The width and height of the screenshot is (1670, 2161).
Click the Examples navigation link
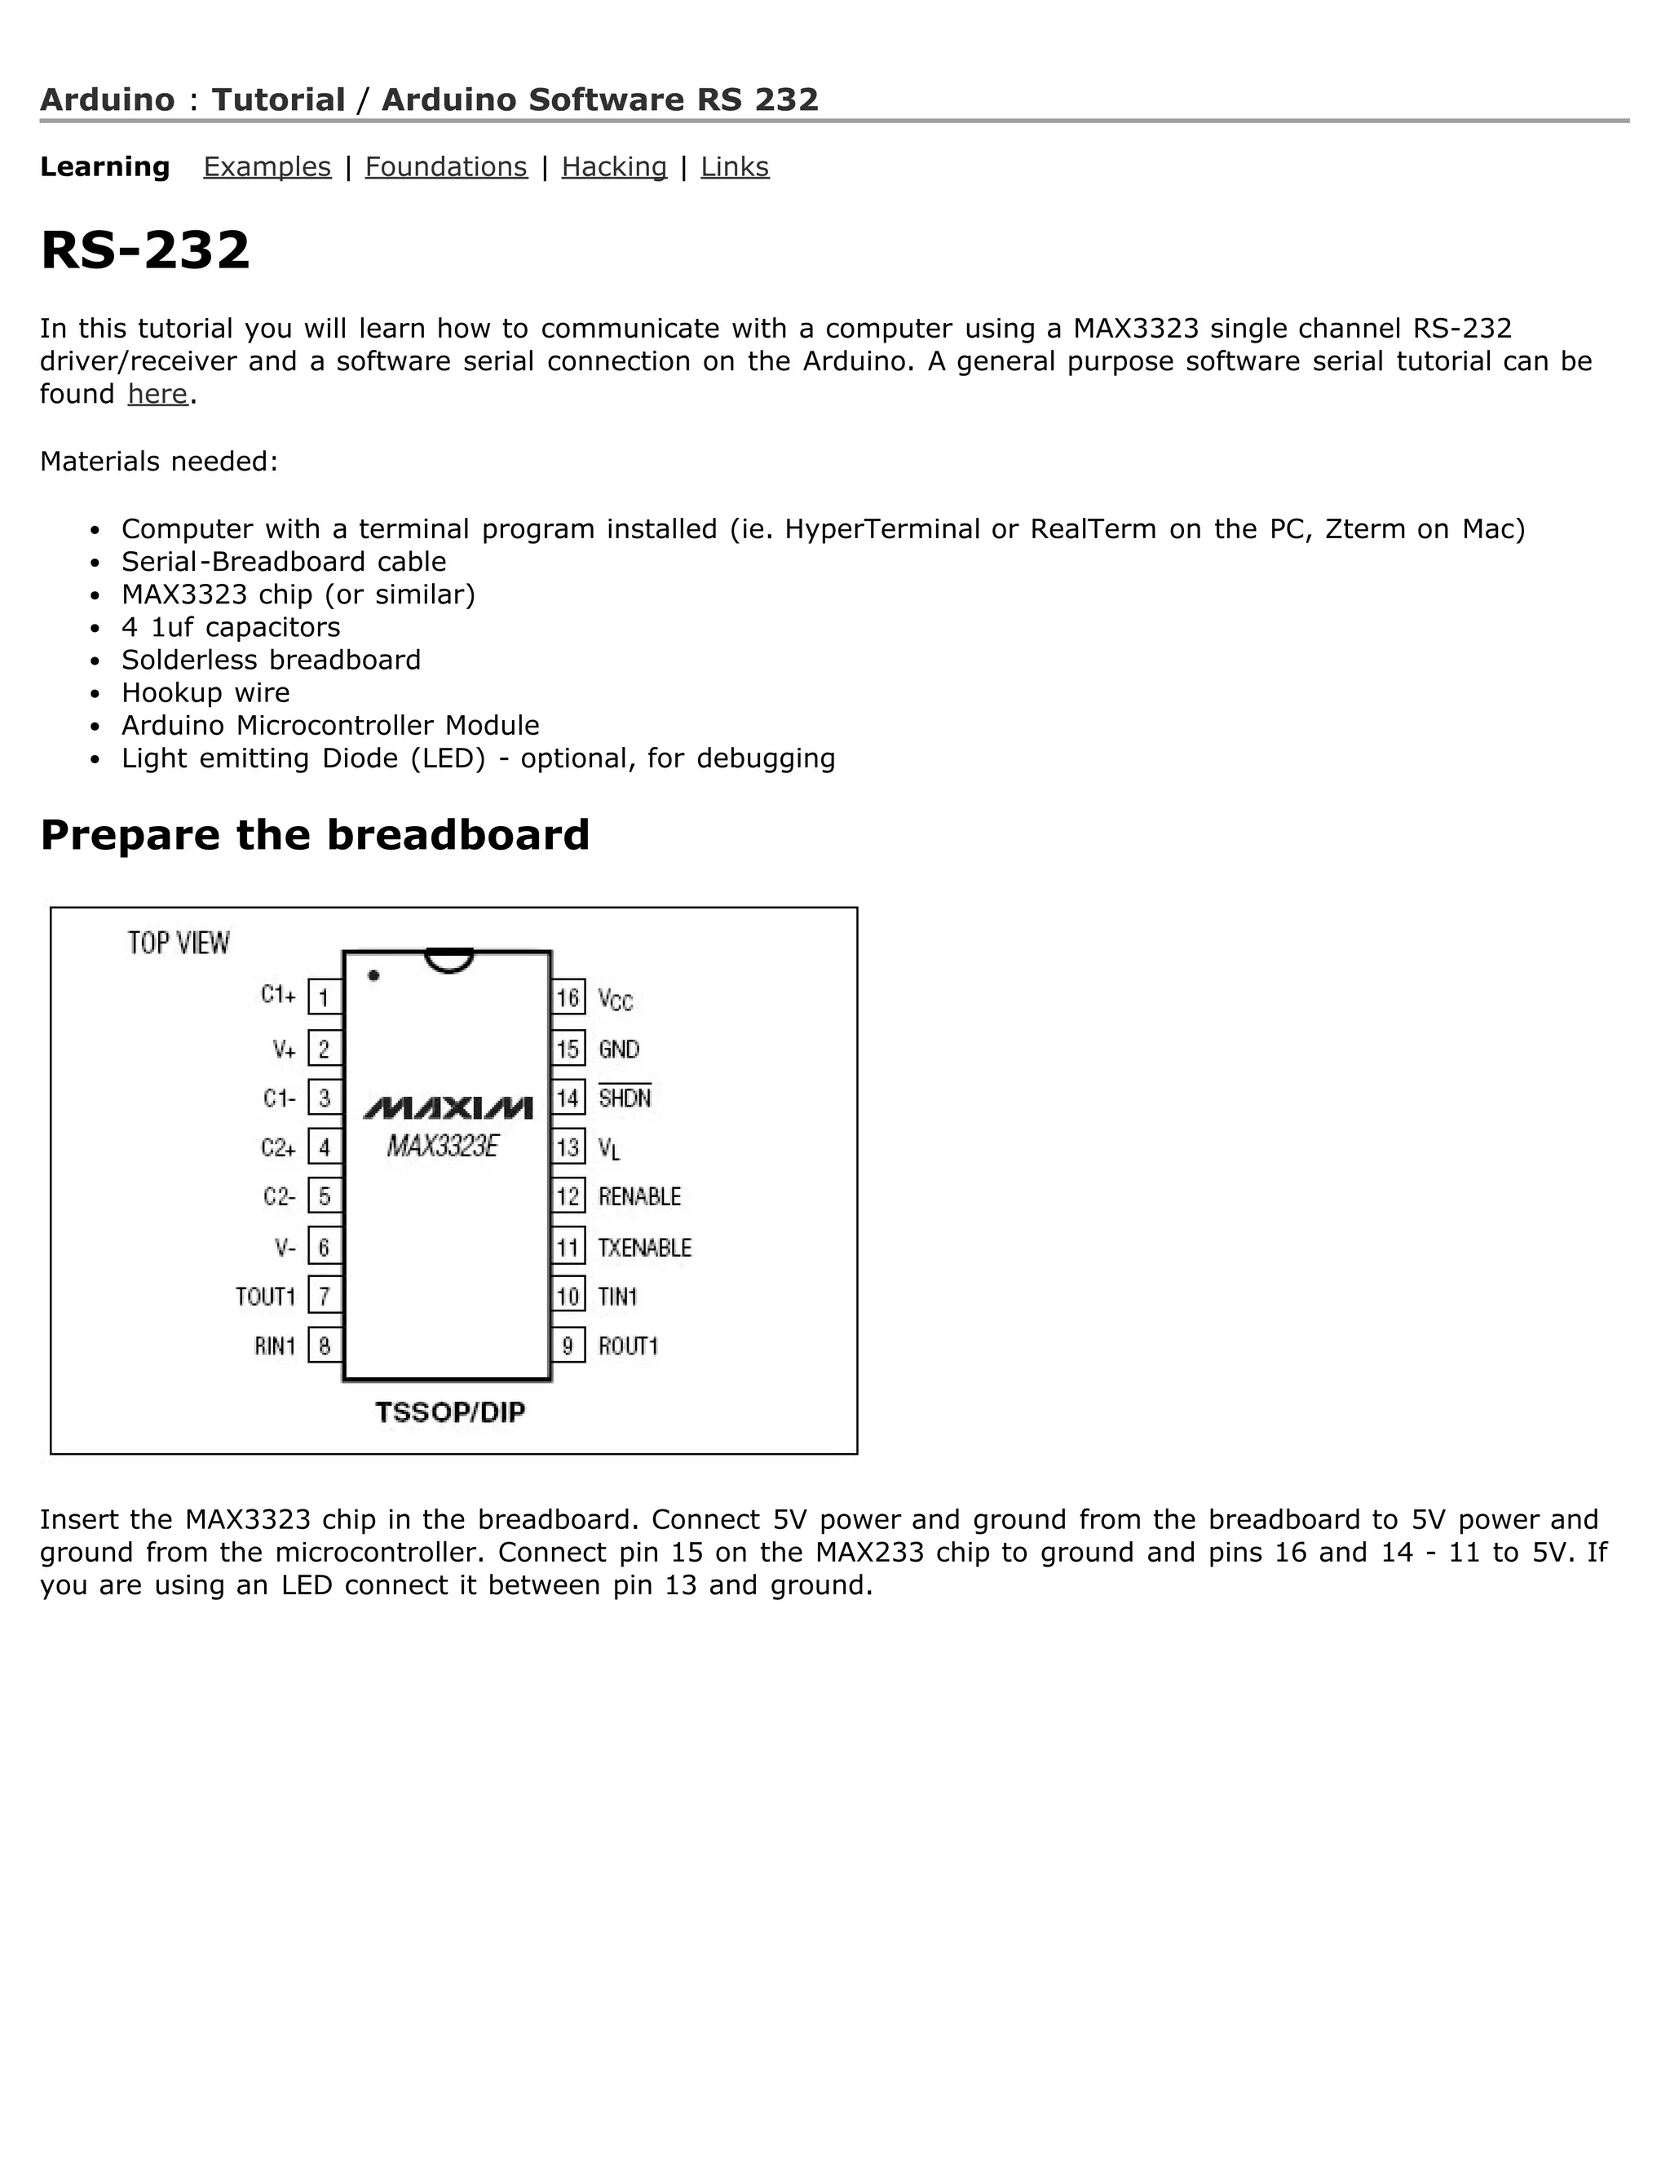(267, 167)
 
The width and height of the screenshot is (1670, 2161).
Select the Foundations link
(446, 167)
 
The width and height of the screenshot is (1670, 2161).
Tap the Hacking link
(614, 167)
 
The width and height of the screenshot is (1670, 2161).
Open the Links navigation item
(734, 167)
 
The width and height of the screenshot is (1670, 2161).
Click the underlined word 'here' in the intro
(157, 394)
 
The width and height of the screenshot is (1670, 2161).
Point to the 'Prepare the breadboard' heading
(315, 835)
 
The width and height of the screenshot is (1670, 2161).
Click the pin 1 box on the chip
(325, 997)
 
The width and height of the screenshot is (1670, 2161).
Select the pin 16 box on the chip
(568, 997)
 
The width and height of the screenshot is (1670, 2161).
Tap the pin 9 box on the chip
(568, 1345)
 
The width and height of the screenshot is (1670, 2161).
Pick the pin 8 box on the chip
(325, 1345)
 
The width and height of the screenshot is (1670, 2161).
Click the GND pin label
(620, 1049)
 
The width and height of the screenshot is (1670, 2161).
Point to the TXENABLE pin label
(644, 1248)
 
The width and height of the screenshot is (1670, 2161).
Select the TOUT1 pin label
(265, 1297)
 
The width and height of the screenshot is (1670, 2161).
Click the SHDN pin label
(625, 1098)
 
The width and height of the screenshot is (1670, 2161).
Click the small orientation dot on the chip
(374, 975)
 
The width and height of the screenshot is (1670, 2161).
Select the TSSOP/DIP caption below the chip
(450, 1412)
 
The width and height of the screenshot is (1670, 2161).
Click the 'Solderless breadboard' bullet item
(271, 660)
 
